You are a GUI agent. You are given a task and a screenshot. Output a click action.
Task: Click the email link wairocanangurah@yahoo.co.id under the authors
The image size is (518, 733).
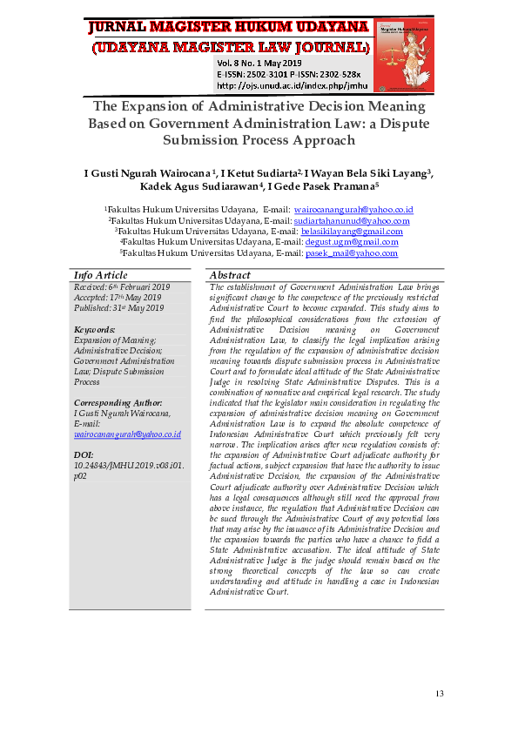[x=341, y=211]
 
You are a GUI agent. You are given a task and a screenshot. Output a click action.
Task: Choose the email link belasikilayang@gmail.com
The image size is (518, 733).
[x=351, y=232]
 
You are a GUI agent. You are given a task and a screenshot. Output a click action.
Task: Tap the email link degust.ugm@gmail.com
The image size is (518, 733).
[x=351, y=242]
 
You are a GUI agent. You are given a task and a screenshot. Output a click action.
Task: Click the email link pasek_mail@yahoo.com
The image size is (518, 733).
[x=351, y=252]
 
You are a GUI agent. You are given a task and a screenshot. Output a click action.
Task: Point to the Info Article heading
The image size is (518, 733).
[x=100, y=275]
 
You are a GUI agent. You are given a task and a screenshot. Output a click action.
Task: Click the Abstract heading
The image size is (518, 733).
[x=230, y=275]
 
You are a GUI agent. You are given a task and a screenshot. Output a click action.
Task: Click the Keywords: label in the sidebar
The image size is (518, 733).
[x=95, y=330]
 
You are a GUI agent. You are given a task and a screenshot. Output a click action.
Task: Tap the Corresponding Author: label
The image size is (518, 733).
[x=118, y=403]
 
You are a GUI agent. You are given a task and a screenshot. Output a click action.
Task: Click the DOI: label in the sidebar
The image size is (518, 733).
[x=84, y=455]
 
